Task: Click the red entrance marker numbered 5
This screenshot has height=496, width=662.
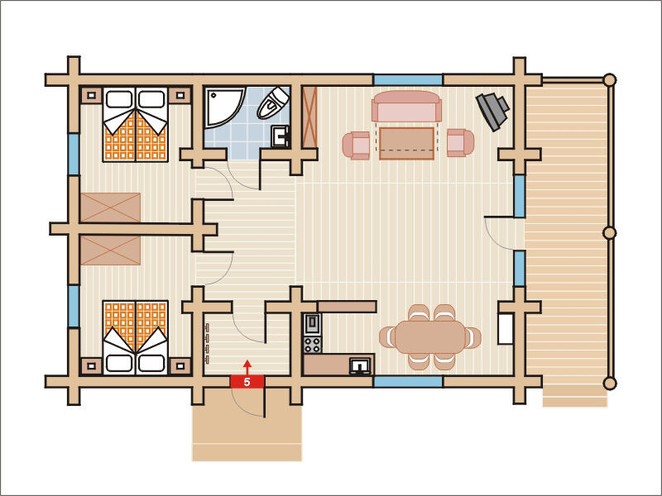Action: pos(247,381)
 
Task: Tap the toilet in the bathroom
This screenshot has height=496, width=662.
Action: pos(273,103)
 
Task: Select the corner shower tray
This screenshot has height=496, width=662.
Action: pos(224,107)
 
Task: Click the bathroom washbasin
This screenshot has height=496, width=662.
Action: pos(280,136)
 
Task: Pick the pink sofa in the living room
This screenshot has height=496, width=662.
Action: pos(406,106)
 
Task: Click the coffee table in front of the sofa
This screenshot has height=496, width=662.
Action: pos(406,143)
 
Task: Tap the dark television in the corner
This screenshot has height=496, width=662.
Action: pos(492,112)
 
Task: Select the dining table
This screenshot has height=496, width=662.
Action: pos(429,337)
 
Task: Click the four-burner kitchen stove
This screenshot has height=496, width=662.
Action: pos(313,344)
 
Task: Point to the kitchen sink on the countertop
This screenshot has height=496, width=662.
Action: pos(360,365)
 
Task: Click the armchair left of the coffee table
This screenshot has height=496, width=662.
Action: pos(356,145)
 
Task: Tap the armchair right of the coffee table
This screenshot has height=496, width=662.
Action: pos(461,142)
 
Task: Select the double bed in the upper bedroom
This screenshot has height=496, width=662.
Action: pos(135,125)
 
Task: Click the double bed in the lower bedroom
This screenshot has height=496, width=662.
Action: pos(135,337)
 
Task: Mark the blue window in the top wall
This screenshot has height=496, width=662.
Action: pos(408,79)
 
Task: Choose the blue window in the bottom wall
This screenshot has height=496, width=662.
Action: pos(408,382)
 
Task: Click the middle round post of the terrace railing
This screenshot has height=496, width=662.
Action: pos(609,232)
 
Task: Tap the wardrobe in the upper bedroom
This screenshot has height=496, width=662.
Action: pos(110,207)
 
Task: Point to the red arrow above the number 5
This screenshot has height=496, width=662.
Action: pos(247,367)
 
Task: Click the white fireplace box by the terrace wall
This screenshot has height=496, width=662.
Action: pos(506,328)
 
